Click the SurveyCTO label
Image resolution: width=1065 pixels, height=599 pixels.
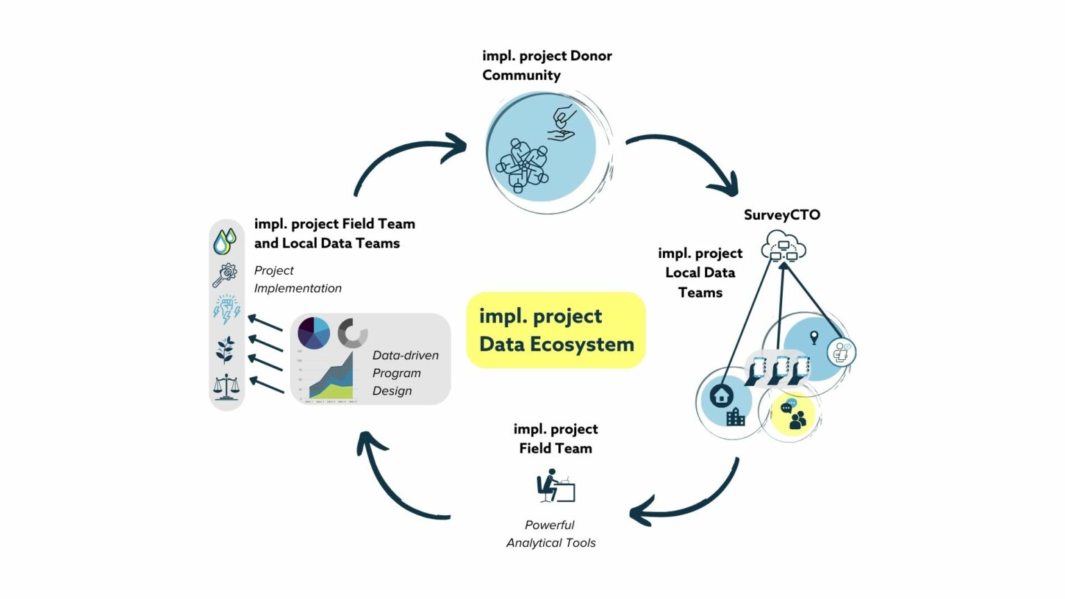coord(781,215)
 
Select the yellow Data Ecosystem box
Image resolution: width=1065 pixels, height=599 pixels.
coord(556,330)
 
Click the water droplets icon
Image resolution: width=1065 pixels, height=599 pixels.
coord(225,241)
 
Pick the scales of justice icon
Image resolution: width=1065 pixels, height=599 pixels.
coord(226,387)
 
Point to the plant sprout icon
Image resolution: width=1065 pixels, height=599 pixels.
coord(225,349)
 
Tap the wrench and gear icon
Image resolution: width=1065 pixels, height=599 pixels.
coord(225,275)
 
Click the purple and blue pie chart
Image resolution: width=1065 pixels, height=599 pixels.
coord(314,333)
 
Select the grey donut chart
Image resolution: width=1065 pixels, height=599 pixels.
coord(353,333)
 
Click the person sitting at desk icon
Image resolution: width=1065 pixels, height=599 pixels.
coord(555,486)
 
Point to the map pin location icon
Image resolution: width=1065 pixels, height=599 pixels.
coord(814,338)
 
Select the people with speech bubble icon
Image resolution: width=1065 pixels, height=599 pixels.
coord(793,415)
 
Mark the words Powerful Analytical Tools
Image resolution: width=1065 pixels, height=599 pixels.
coord(551,534)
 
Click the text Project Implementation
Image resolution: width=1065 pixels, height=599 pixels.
coord(297,279)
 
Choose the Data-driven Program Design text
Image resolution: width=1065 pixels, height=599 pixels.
coord(405,373)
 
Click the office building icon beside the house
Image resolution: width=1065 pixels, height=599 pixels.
coord(736,417)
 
